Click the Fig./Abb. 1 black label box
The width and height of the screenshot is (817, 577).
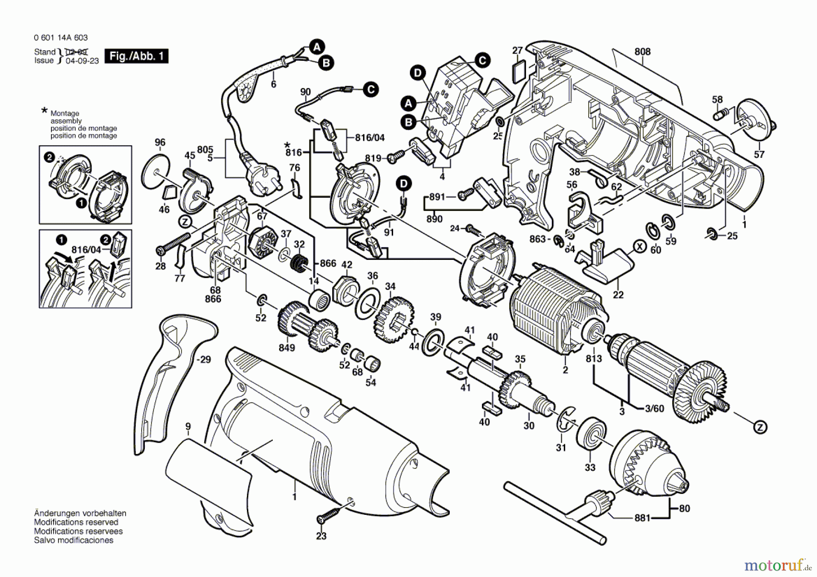click(x=136, y=56)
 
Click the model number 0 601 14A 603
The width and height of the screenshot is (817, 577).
click(x=61, y=38)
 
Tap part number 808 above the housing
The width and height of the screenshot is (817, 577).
click(x=642, y=52)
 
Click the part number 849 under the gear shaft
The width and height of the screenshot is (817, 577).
click(x=287, y=348)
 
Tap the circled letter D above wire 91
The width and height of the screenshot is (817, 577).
click(x=403, y=184)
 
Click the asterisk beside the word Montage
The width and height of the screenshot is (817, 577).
click(x=44, y=111)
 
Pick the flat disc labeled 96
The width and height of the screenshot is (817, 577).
click(x=155, y=173)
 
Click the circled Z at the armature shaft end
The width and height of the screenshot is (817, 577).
click(x=760, y=427)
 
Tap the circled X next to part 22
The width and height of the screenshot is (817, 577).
click(x=640, y=247)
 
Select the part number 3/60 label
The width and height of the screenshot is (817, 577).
click(x=655, y=409)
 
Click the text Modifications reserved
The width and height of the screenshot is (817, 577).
click(x=76, y=522)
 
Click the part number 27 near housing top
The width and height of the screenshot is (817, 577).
click(x=517, y=50)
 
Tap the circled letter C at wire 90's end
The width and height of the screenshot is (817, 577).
click(x=371, y=89)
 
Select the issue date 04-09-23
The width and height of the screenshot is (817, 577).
click(x=82, y=61)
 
